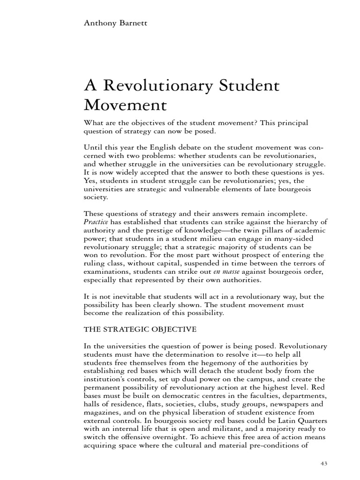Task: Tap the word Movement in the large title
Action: pos(126,107)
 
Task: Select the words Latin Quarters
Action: pos(300,421)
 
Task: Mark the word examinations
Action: pos(108,272)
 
